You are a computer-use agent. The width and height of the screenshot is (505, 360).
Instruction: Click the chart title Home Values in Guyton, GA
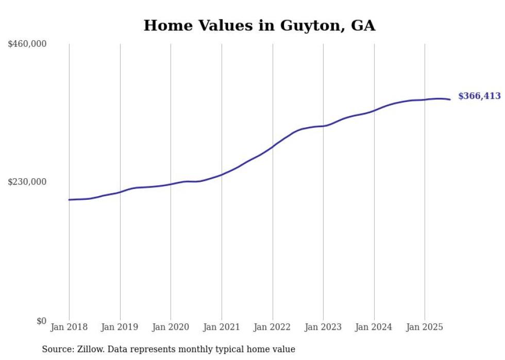(259, 25)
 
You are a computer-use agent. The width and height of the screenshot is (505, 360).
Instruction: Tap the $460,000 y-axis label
(27, 44)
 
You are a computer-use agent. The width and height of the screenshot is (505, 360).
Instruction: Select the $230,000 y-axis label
(27, 182)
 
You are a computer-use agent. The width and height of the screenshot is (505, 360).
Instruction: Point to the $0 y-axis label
(41, 321)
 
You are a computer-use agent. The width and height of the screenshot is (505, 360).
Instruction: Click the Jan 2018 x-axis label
(69, 327)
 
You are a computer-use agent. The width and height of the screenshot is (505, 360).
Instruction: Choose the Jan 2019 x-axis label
(120, 327)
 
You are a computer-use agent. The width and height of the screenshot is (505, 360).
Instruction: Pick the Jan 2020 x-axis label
(171, 327)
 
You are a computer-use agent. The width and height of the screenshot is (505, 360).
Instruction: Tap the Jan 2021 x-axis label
(222, 327)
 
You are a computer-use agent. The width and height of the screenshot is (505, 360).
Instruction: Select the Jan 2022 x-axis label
(273, 327)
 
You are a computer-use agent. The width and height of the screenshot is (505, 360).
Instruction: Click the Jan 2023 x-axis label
(323, 327)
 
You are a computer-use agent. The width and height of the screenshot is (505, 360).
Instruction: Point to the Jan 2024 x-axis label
(374, 327)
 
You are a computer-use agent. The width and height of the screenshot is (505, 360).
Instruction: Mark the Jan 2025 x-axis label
(425, 327)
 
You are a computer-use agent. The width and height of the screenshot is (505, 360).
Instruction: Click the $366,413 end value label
(479, 96)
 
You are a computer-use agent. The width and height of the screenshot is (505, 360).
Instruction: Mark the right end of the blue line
(450, 99)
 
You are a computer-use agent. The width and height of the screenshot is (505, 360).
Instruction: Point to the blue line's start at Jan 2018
(69, 200)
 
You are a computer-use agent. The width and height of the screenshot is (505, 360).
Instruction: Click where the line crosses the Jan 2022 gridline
(273, 146)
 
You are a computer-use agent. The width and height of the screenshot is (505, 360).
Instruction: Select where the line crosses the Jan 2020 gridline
(171, 184)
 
